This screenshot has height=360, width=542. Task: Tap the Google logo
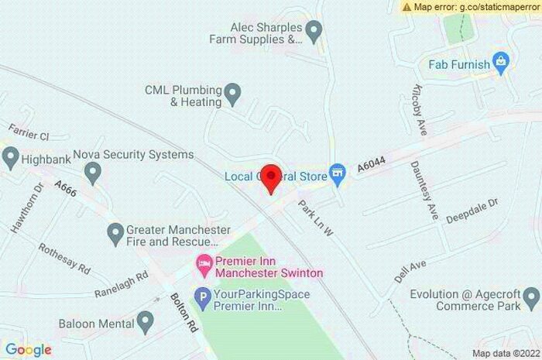coord(28,350)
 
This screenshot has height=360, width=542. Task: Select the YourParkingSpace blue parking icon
coord(202,295)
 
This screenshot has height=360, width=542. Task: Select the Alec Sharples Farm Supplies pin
coord(314,32)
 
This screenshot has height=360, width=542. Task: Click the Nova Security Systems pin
coord(93,170)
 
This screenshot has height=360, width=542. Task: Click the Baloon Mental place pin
coord(145,322)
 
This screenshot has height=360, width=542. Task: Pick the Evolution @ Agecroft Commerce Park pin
coord(531,296)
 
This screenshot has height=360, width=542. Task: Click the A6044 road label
coord(371,163)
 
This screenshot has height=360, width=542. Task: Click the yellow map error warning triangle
coord(407,7)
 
